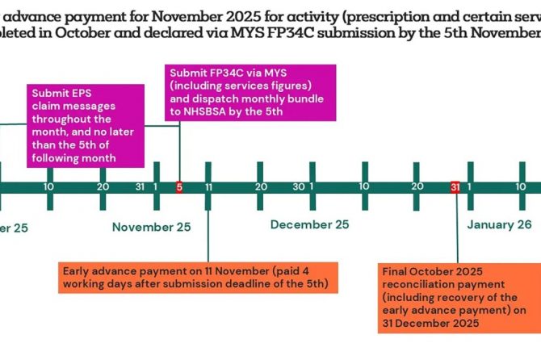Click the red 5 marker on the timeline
click(x=178, y=186)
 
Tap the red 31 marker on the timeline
click(x=455, y=186)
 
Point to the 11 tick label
click(x=208, y=186)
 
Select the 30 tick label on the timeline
click(x=298, y=186)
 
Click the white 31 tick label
click(x=139, y=186)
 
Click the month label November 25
click(x=152, y=227)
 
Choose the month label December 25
click(x=309, y=224)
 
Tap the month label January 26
click(x=499, y=224)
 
